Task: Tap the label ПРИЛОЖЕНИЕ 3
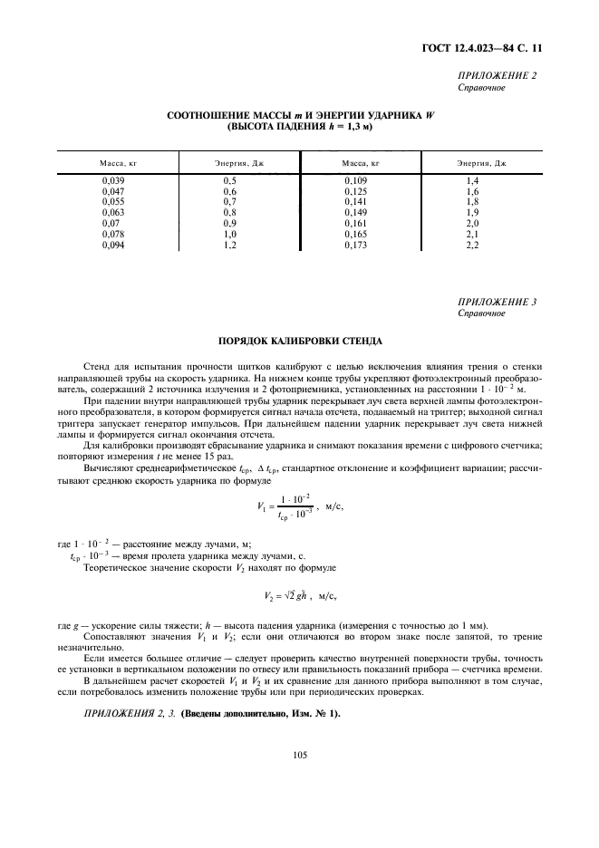(x=498, y=302)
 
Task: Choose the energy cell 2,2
(x=472, y=246)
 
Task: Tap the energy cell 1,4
(x=472, y=181)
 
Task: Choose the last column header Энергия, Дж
(x=480, y=163)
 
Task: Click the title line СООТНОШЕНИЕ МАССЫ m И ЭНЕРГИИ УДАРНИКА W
(x=300, y=117)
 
